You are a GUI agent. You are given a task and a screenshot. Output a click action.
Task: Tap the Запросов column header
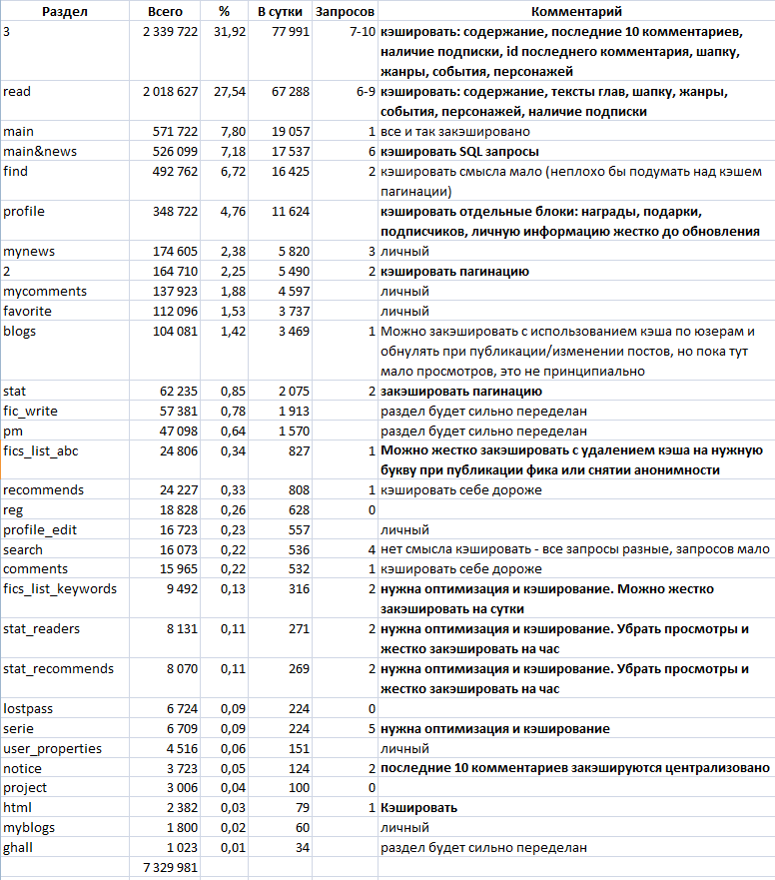(x=345, y=12)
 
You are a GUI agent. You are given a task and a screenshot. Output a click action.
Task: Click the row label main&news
(x=40, y=152)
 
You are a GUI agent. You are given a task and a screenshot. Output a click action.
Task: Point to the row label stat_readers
(x=42, y=629)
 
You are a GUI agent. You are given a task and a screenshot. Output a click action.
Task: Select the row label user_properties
(x=52, y=748)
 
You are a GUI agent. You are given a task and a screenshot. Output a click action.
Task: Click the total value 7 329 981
(x=165, y=868)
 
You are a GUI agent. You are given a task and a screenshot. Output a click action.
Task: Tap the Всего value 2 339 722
(x=165, y=32)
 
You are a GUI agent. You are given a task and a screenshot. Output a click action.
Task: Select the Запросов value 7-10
(x=357, y=32)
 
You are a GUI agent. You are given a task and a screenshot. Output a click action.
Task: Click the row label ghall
(x=20, y=848)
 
